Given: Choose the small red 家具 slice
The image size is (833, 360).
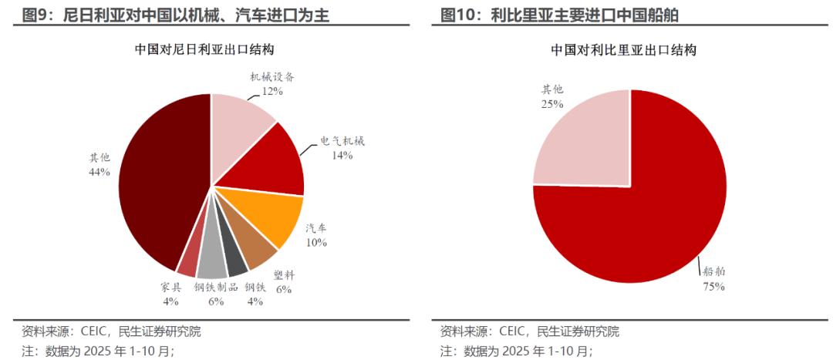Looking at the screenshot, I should tap(188, 262).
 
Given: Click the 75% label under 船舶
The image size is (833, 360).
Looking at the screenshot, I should tap(713, 286).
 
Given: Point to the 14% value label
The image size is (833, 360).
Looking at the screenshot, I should tap(342, 155).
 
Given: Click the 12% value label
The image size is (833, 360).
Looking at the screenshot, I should tap(272, 91).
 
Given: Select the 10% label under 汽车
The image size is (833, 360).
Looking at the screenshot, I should tap(315, 242).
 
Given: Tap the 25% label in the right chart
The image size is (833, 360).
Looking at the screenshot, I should tap(551, 103).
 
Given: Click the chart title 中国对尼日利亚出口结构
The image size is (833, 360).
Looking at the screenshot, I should tap(205, 49).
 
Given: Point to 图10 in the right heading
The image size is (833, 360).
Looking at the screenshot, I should tap(457, 14).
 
